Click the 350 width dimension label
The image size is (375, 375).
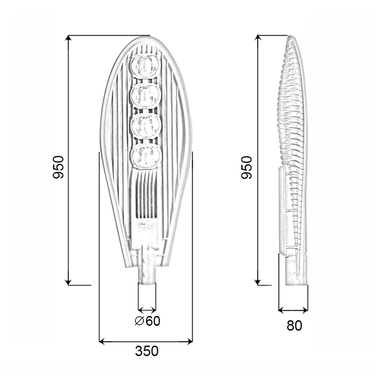point(147,351)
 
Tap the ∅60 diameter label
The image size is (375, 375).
point(147,321)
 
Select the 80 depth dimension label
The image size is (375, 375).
point(294,325)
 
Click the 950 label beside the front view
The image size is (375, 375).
point(58,167)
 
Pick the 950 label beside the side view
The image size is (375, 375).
point(247,167)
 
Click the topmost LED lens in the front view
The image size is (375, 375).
point(146,66)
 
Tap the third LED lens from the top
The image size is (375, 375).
point(146,125)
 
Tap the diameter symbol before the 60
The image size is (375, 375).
point(139,321)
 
